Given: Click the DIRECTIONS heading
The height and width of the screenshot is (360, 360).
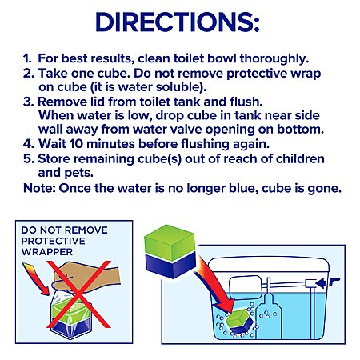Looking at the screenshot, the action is coord(178,22).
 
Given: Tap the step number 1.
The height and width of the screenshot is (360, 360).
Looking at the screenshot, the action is coord(27,58).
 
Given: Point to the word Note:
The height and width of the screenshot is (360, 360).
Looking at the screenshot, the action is coord(39,188).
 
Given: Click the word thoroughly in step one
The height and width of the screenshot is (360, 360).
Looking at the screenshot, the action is coord(274,59).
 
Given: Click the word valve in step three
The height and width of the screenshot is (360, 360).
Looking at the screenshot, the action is coord(186,130).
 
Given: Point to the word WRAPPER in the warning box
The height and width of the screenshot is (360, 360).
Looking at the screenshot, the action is coord(47,252).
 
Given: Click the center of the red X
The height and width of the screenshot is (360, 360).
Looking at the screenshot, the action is coord(79,294).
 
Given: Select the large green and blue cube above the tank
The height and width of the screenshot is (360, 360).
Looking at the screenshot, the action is coord(170,251).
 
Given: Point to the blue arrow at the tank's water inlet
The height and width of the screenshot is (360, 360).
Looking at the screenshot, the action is coord(321,283).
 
